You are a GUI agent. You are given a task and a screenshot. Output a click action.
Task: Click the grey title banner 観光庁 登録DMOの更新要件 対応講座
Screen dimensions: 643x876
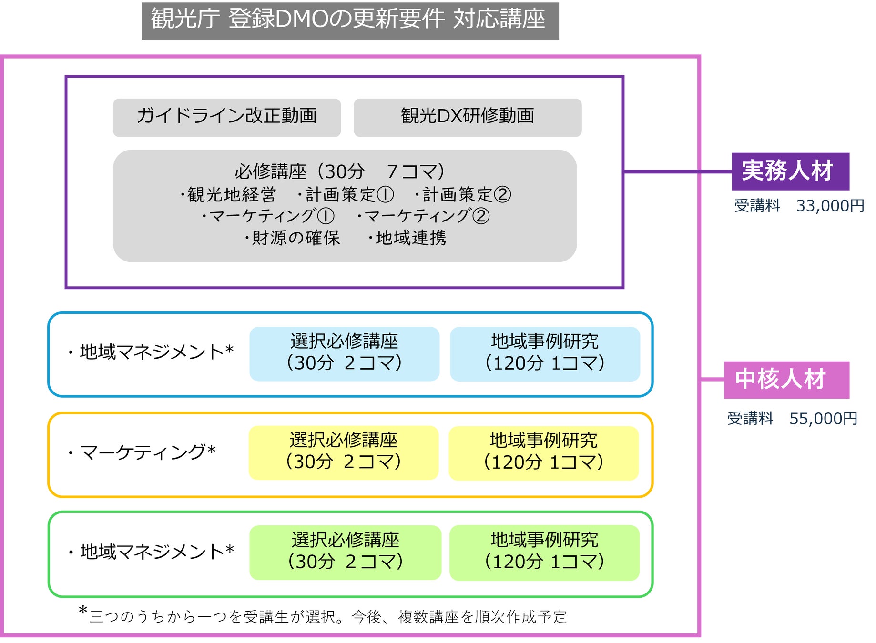[x=350, y=20]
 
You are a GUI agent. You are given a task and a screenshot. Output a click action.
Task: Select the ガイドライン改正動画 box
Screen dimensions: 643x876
[x=227, y=117]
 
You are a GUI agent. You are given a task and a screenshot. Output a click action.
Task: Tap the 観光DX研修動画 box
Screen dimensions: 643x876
[x=467, y=117]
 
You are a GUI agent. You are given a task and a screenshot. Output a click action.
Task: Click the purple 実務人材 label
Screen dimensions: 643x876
[x=790, y=171]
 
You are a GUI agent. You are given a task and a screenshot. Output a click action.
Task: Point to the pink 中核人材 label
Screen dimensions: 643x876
[x=786, y=380]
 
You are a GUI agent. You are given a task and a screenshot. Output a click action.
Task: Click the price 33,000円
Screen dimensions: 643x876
[x=830, y=206]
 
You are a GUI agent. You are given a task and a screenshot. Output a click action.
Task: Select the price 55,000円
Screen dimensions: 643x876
[x=823, y=419]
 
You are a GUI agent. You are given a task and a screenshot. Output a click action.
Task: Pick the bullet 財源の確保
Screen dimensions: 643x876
[x=293, y=238]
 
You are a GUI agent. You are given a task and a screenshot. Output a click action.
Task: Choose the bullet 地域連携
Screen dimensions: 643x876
[x=408, y=238]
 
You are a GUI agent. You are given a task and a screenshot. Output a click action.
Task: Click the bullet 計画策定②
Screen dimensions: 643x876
[x=464, y=194]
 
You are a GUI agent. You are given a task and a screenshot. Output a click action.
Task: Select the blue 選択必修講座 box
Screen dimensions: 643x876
[x=344, y=353]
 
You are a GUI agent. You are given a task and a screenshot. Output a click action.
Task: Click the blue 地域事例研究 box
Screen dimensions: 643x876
[x=544, y=353]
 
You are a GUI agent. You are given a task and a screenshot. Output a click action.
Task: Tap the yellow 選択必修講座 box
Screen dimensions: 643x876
[x=343, y=452]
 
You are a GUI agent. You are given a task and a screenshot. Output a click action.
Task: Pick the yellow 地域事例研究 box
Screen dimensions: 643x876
[x=543, y=453]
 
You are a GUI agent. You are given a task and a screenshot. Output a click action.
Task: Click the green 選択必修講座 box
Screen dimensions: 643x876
[x=345, y=552]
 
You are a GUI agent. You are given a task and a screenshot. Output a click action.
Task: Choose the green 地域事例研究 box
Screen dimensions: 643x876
[x=544, y=553]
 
